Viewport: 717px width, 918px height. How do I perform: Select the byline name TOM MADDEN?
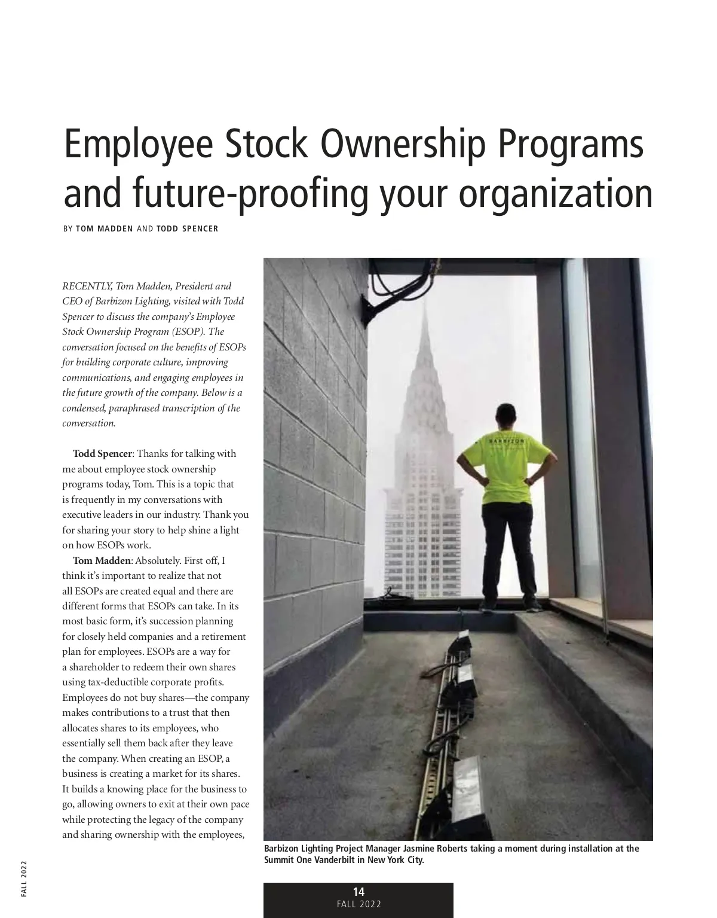point(105,228)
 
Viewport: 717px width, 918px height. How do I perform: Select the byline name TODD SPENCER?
point(187,228)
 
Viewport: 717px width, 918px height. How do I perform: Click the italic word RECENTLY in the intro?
point(87,286)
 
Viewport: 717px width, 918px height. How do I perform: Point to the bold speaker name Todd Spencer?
point(102,453)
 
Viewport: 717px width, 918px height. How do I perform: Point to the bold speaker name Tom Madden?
point(101,560)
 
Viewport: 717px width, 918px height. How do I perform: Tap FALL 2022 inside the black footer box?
point(358,904)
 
